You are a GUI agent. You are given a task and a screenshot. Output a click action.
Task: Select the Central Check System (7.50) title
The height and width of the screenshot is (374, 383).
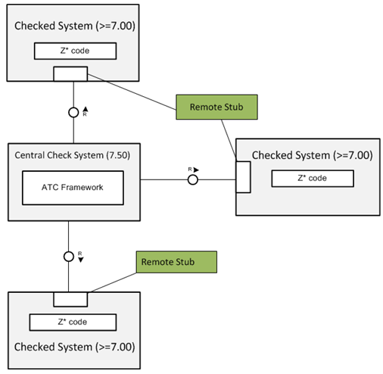73,155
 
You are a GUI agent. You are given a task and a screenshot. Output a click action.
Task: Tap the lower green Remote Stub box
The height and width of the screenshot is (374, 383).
176,262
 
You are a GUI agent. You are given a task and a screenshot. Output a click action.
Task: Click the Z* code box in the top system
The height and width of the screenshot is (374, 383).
75,51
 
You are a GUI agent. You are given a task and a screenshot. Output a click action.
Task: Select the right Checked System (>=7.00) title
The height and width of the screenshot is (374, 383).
312,155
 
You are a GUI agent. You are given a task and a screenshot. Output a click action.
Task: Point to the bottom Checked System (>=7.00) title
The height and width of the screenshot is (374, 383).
73,348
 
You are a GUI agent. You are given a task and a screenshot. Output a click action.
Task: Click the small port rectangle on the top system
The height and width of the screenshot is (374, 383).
70,73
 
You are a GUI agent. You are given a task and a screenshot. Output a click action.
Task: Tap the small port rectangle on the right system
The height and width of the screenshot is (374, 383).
243,179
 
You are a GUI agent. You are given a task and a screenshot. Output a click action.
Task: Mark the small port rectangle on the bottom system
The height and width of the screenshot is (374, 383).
70,299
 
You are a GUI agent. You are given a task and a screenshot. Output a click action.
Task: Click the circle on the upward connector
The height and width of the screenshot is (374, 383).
73,111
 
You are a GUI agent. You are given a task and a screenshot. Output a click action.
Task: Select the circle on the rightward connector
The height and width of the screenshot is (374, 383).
193,180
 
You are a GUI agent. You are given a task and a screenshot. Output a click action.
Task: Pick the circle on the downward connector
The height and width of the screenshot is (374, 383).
69,256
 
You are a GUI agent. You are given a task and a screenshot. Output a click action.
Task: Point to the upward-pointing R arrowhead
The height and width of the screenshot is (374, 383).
85,109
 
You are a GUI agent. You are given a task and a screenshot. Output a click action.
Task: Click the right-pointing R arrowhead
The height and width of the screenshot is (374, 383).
195,169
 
